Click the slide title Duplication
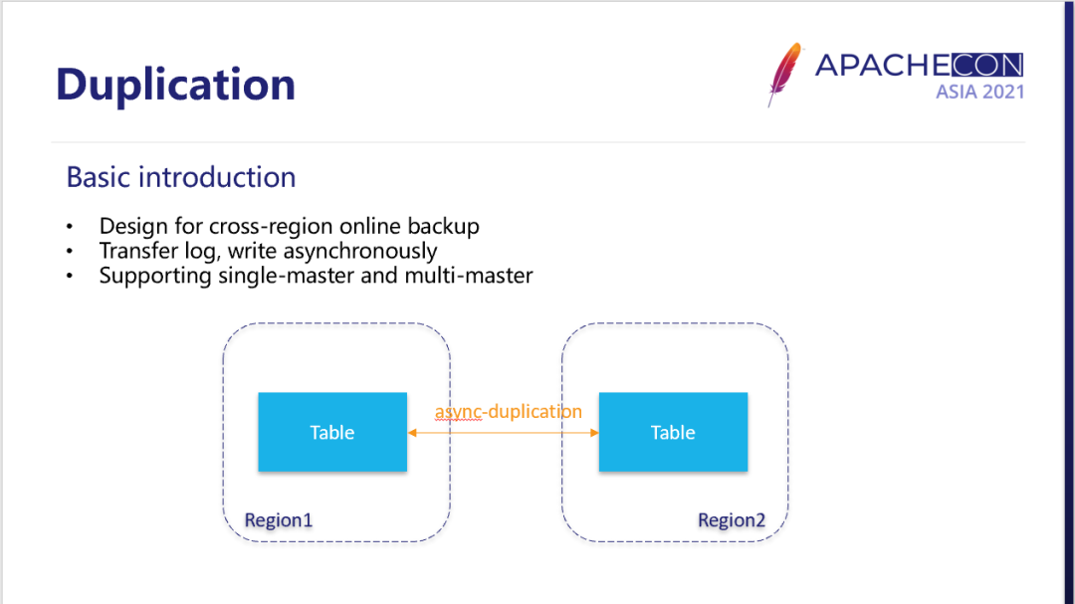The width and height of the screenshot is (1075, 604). point(175,85)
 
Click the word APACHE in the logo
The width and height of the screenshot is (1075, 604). point(882,66)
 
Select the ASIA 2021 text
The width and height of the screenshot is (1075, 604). point(979,92)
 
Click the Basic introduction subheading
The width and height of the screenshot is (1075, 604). point(181,177)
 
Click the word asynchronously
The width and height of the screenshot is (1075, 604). point(360,251)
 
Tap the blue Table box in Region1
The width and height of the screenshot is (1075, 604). point(332,432)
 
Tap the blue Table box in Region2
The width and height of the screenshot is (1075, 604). point(673,432)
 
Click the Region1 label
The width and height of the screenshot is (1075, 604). point(279,520)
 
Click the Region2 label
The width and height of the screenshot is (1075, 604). point(732,520)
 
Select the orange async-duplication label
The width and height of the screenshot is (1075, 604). point(508,411)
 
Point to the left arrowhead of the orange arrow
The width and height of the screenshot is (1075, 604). point(412,433)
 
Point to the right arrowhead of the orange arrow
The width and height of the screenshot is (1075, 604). point(594,433)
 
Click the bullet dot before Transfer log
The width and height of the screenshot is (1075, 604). point(70,252)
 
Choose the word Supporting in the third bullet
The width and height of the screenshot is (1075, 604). point(155,276)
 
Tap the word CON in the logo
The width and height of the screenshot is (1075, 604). point(985,66)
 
